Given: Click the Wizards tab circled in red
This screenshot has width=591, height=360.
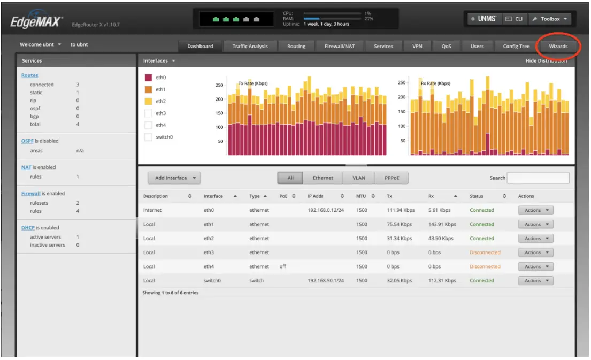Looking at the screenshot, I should pos(558,47).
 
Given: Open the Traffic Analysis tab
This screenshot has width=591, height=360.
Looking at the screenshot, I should pos(250,47).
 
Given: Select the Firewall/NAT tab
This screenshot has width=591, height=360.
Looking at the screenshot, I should pos(339,47).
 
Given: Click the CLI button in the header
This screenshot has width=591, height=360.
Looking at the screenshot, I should pos(514,19).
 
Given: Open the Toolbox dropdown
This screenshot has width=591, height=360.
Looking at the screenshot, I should pos(549,19).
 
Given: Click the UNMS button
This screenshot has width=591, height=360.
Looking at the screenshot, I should pos(483,19).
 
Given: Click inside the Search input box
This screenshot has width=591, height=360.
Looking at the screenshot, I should pos(538,178).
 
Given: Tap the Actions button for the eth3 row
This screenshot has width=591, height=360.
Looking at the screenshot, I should pos(535,252).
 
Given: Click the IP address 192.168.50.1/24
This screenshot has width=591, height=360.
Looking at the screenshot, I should pos(326,280).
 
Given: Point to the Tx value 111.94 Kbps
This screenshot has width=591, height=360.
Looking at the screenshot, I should pos(401,210).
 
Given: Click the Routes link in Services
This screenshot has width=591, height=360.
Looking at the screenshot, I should pos(30,75).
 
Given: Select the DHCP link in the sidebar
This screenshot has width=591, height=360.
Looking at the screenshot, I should pos(28,228).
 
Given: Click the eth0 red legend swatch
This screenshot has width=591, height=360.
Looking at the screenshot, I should pos(149,78).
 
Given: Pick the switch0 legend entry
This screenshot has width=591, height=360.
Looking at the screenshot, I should pos(163,137).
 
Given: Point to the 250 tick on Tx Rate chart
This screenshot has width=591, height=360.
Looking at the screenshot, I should pos(219,85).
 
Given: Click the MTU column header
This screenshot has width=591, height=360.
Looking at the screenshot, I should pos(361,196).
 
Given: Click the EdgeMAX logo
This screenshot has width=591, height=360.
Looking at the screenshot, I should pos(36,21).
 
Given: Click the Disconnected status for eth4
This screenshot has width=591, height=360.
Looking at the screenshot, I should pos(485,266).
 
